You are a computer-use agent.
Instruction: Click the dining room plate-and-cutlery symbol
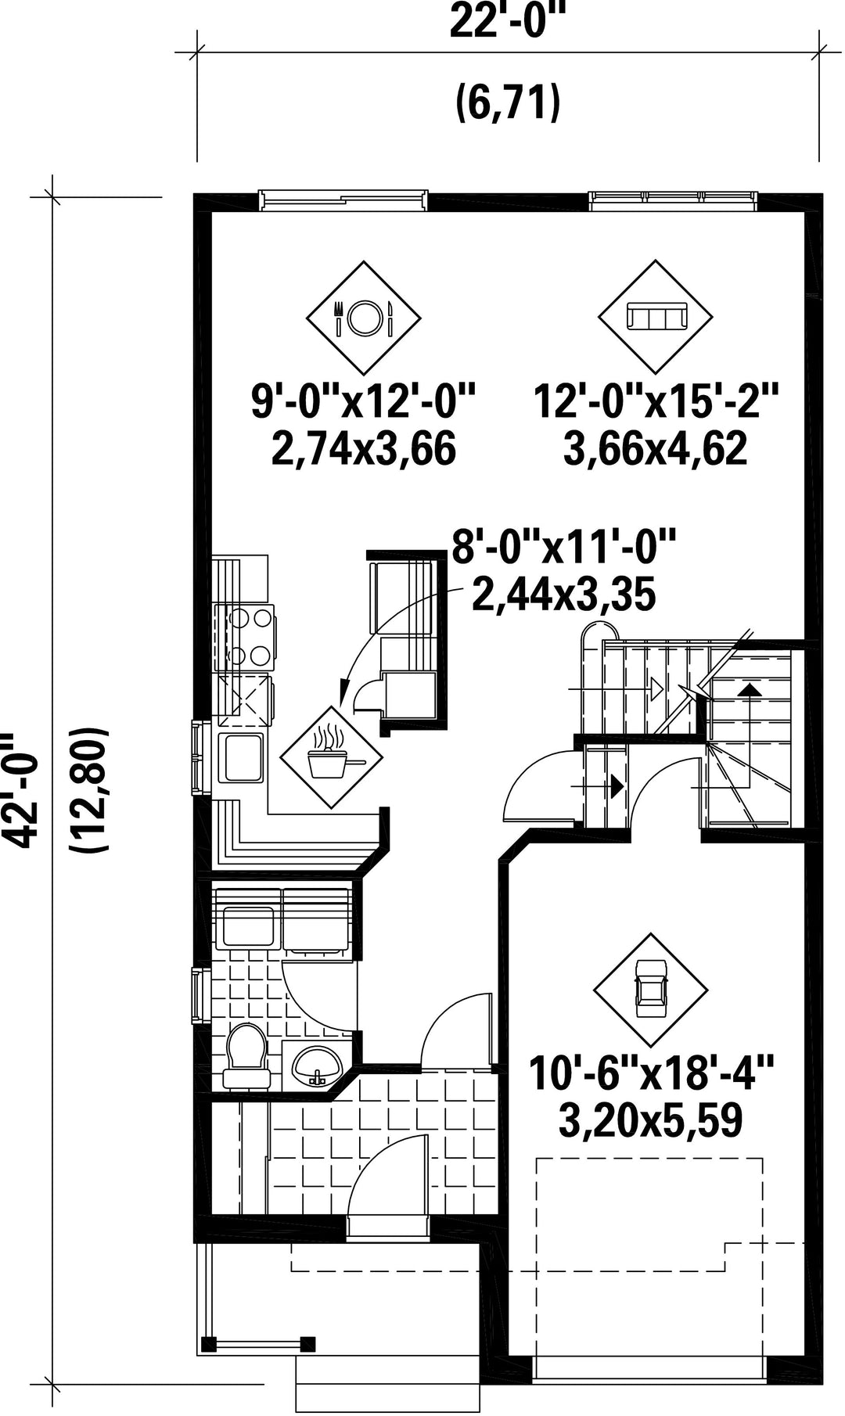click(363, 318)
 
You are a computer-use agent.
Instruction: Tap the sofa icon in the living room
click(656, 318)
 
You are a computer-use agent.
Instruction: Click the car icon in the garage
click(649, 989)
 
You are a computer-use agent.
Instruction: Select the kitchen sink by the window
click(243, 757)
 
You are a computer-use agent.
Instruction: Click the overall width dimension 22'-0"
click(507, 23)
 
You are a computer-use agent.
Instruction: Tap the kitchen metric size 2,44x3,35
click(563, 595)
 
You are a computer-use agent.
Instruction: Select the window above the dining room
click(344, 200)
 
